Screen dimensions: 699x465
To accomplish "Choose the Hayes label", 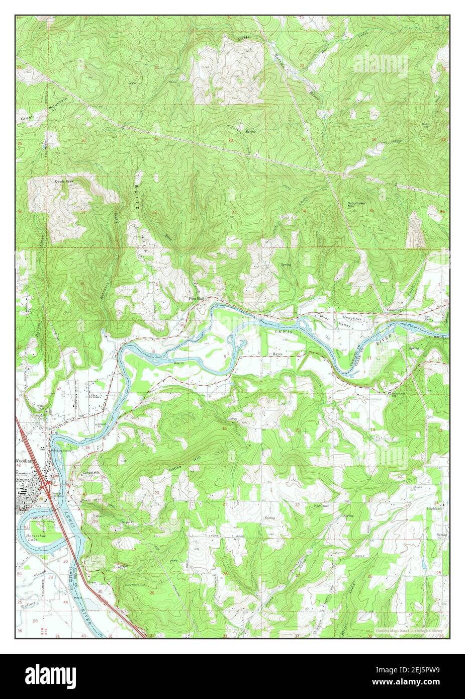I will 278,354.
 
